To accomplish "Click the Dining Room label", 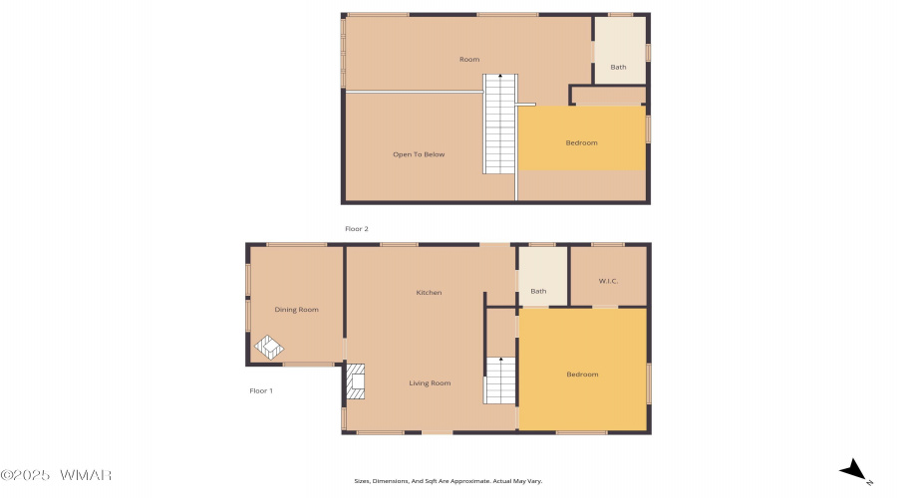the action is [296, 310].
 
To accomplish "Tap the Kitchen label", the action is [429, 292].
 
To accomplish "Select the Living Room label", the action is [430, 383].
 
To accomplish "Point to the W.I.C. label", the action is [608, 281].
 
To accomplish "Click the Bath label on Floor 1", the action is [538, 291].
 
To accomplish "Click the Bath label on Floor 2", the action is [618, 67].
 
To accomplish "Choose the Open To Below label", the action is [419, 154].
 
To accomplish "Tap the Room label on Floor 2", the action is [469, 59].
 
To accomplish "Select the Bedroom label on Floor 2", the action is [581, 143].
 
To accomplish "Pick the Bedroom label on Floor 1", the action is [582, 374].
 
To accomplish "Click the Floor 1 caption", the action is [261, 391].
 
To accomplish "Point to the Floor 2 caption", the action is [357, 229].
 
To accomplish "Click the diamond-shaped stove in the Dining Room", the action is [269, 347].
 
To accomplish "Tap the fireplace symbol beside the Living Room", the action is [355, 381].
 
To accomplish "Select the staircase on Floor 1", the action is [500, 380].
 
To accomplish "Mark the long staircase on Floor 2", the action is [500, 124].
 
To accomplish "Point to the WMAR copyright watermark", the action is [56, 475].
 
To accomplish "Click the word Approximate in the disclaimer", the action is [470, 481].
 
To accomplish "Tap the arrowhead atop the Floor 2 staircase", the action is [500, 76].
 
